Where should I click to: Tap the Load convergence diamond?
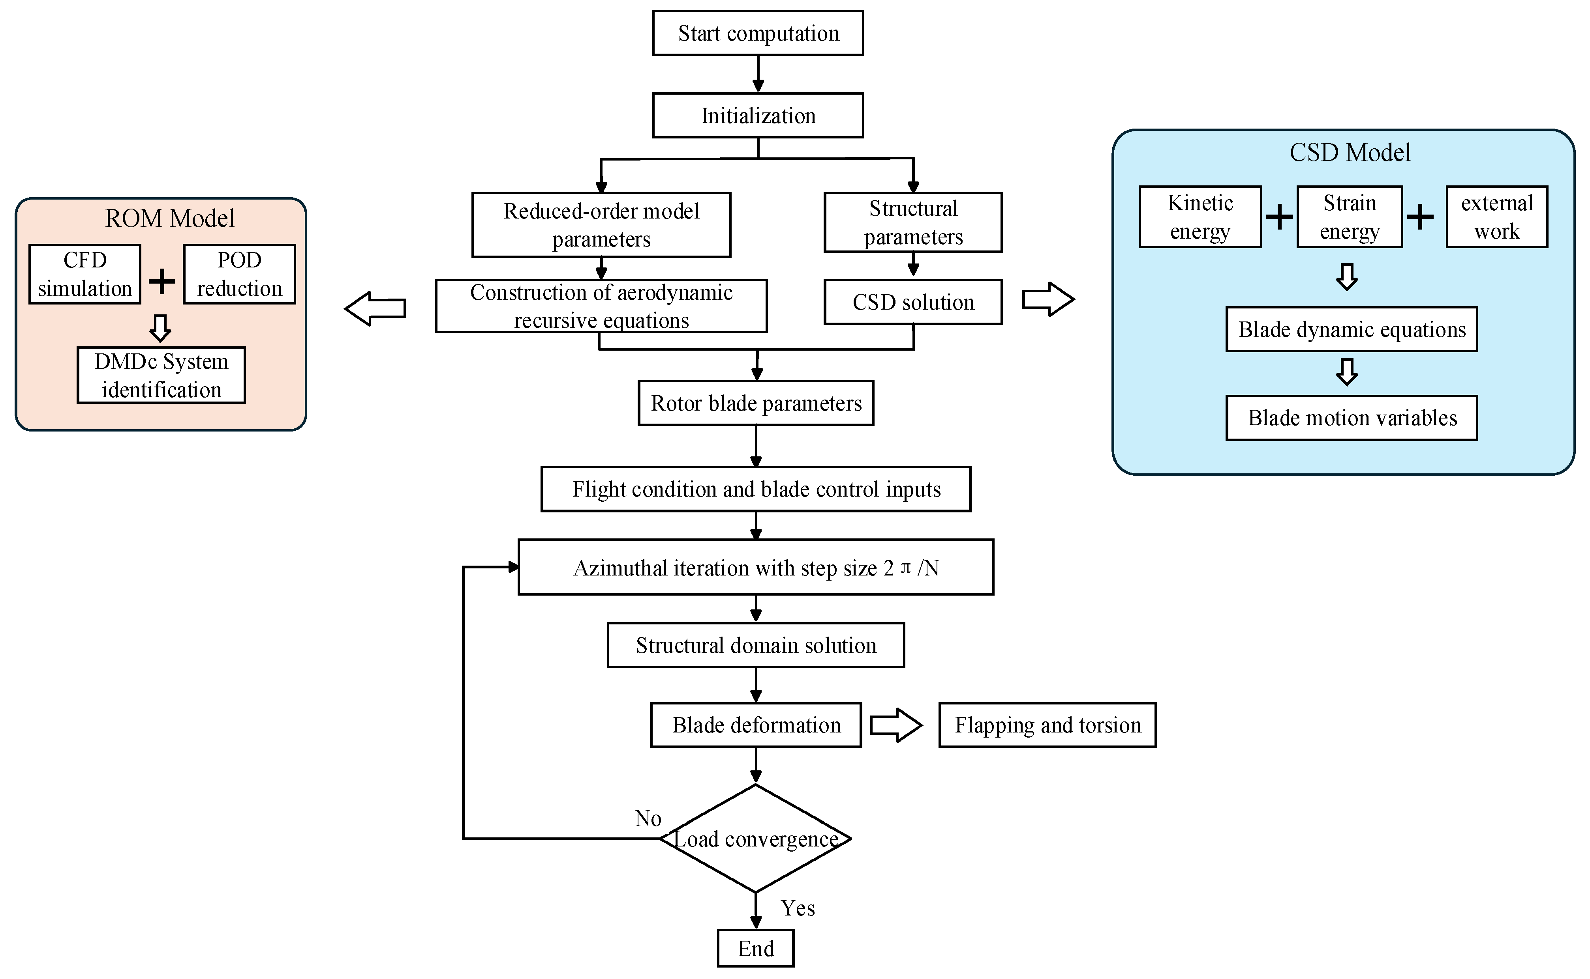coord(755,839)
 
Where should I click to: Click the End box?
coord(755,949)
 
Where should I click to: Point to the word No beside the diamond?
coord(648,818)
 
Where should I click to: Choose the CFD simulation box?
coord(85,274)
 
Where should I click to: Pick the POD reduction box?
coord(239,274)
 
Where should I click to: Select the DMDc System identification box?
coord(161,376)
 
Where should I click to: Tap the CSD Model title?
coord(1350,153)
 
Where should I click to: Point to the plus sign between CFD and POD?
coord(162,281)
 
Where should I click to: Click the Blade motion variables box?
coord(1352,418)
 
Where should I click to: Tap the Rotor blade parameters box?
coord(756,403)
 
